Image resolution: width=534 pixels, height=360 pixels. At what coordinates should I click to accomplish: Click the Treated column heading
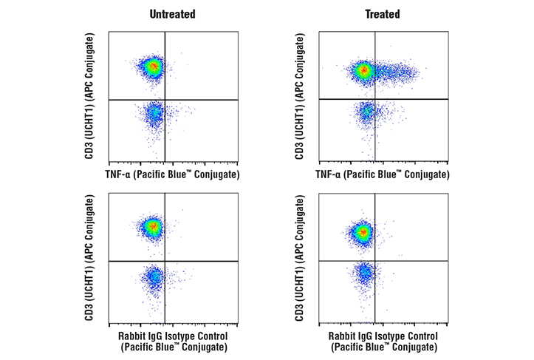click(383, 14)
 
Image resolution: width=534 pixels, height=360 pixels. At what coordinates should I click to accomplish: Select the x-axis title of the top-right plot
click(383, 174)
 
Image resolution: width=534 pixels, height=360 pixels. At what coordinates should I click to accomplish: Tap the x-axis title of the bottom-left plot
click(173, 342)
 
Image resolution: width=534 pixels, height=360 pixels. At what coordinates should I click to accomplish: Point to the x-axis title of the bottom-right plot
click(383, 342)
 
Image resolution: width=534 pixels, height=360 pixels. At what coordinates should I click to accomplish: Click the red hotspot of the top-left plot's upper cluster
click(153, 67)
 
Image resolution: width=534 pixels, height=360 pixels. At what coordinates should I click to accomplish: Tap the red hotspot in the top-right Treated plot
click(363, 71)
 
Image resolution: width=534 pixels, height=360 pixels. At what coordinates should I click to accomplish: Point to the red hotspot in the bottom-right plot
click(362, 233)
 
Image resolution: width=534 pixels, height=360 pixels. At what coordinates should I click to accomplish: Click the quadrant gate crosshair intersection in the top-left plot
click(164, 99)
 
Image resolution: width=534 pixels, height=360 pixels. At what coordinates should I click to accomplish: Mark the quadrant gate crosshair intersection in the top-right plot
click(375, 99)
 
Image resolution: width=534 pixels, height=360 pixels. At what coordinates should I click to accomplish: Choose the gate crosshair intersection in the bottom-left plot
click(164, 261)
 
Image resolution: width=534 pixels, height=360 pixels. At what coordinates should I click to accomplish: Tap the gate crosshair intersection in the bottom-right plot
click(375, 261)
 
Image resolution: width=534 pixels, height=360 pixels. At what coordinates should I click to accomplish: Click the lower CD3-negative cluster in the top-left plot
click(154, 115)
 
